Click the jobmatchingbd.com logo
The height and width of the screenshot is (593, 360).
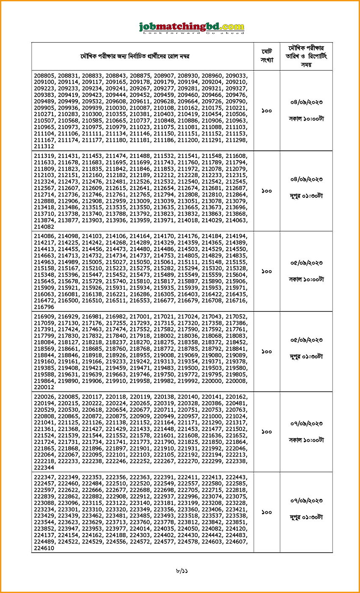(x=192, y=28)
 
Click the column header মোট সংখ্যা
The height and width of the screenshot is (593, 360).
(x=267, y=56)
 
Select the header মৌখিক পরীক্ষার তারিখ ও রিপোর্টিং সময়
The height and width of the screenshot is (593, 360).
(x=306, y=56)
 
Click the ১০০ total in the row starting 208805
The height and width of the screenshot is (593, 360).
(x=267, y=111)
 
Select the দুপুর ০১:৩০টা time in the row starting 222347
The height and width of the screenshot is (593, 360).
(x=306, y=517)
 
